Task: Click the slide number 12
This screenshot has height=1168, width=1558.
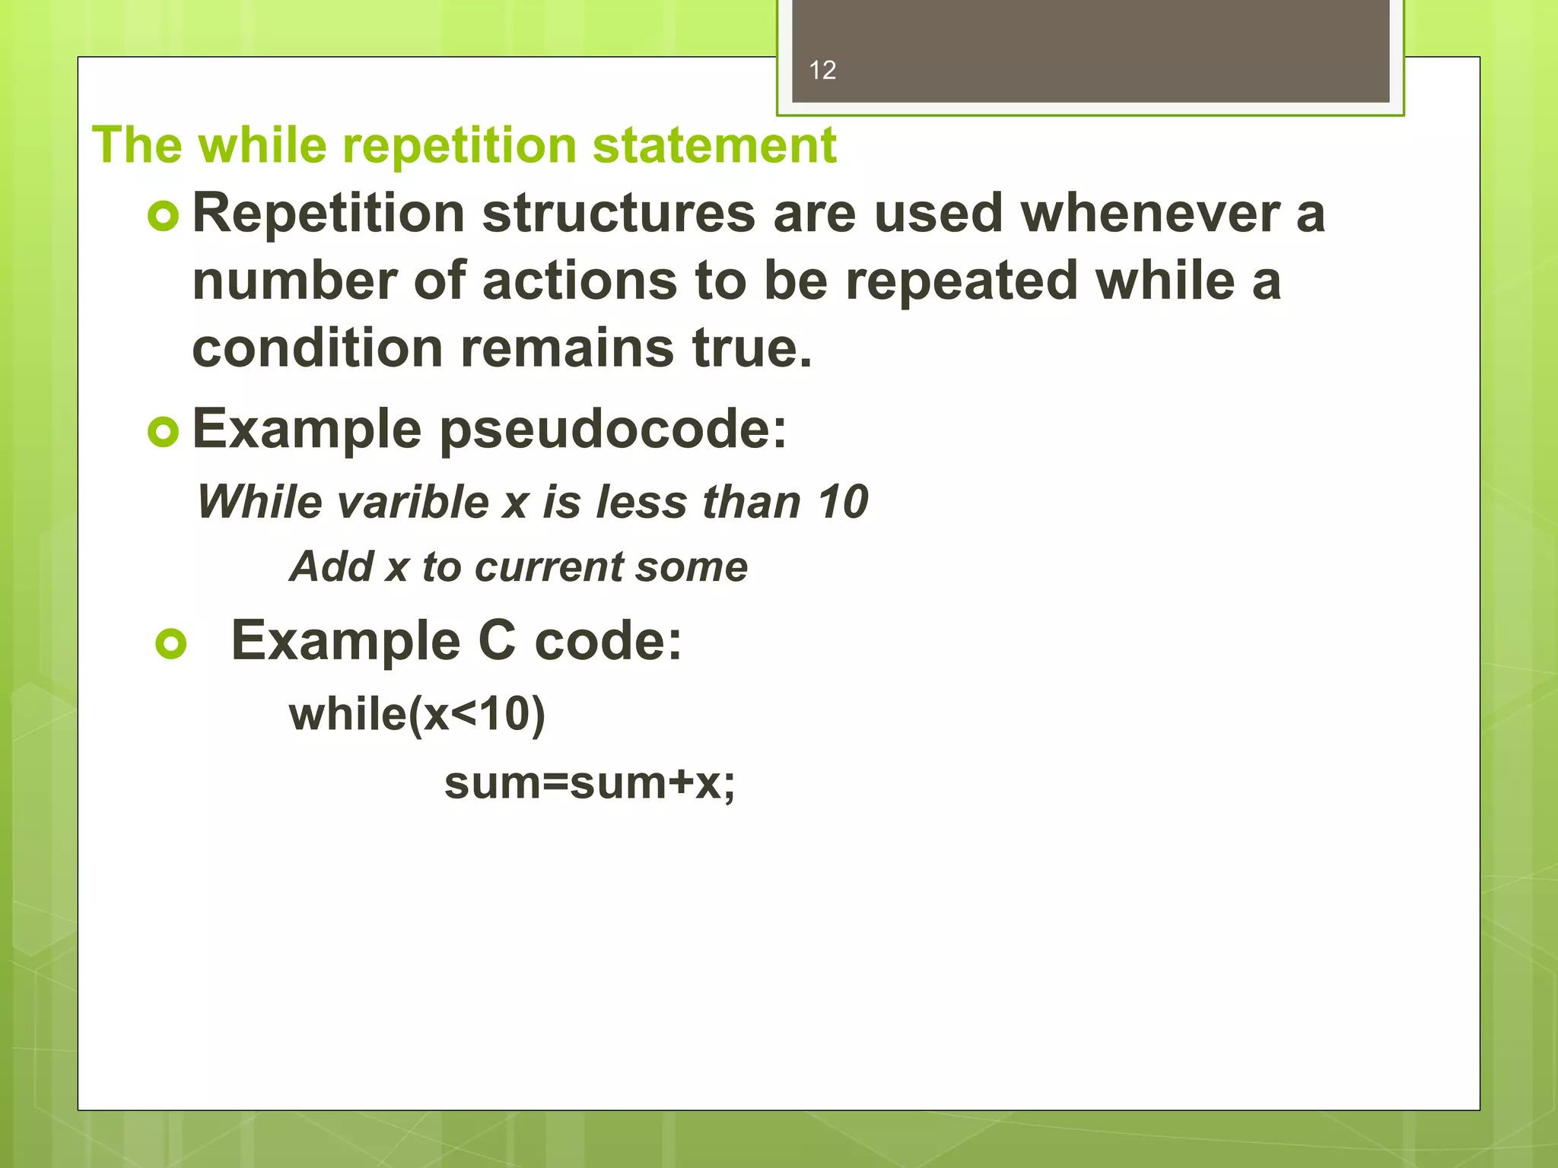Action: (x=822, y=71)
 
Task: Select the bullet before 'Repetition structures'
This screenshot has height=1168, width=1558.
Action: (x=164, y=216)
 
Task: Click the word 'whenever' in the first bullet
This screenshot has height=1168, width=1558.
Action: (x=1149, y=213)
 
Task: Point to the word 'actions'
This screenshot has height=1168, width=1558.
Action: (x=579, y=281)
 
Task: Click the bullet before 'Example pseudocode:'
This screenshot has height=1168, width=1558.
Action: (x=164, y=432)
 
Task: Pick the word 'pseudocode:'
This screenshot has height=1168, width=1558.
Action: (x=613, y=430)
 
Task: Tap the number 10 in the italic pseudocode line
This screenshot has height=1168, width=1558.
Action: (x=842, y=503)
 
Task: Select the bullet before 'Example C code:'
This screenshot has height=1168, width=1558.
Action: (x=171, y=643)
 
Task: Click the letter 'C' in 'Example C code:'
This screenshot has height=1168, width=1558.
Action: (x=497, y=641)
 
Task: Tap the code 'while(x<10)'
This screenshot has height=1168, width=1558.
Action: (x=417, y=715)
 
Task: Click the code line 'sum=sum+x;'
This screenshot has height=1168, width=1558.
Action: (x=590, y=783)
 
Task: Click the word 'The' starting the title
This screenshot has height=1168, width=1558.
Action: (x=137, y=145)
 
